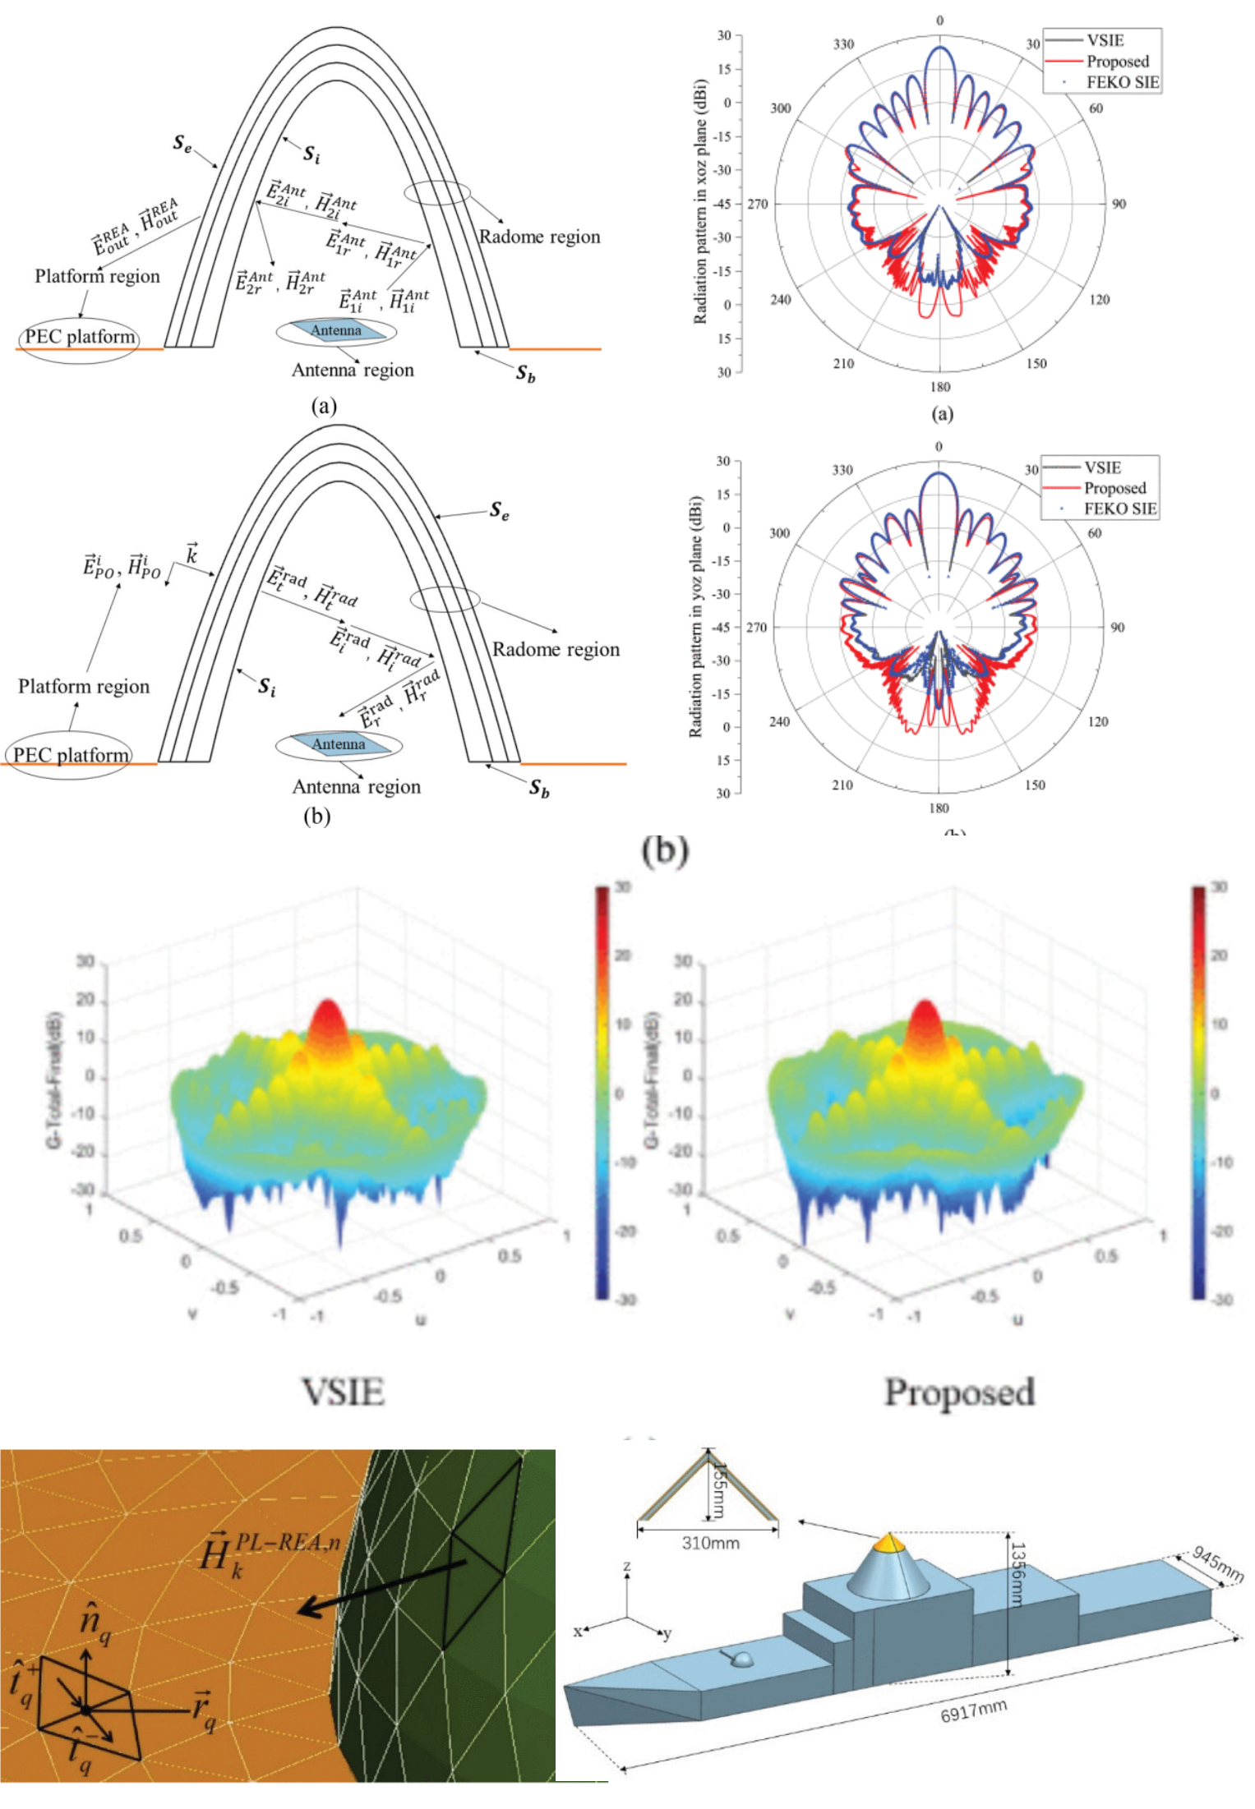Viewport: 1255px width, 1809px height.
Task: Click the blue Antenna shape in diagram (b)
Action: pyautogui.click(x=339, y=743)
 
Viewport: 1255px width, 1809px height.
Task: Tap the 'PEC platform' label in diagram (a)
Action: pyautogui.click(x=79, y=336)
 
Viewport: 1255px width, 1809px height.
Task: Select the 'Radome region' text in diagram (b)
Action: pyautogui.click(x=556, y=649)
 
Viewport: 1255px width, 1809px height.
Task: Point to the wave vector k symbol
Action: pyautogui.click(x=191, y=555)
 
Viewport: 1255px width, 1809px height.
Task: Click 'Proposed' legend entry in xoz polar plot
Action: pyautogui.click(x=1117, y=62)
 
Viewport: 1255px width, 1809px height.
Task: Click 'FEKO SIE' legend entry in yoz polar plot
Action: pyautogui.click(x=1119, y=509)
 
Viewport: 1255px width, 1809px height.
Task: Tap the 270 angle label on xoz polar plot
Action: pyautogui.click(x=757, y=204)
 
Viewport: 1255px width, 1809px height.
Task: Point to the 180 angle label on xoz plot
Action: pyautogui.click(x=939, y=387)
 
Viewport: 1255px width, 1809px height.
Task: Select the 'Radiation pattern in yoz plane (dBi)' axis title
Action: pyautogui.click(x=695, y=616)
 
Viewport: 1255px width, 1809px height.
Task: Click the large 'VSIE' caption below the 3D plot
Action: pyautogui.click(x=344, y=1392)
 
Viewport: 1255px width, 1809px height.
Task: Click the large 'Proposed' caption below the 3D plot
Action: pyautogui.click(x=959, y=1392)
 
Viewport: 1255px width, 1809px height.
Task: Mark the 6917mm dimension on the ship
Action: pyautogui.click(x=973, y=1711)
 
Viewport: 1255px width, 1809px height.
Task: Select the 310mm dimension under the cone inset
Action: pyautogui.click(x=710, y=1543)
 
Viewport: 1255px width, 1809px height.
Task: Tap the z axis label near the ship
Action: pyautogui.click(x=626, y=1566)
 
